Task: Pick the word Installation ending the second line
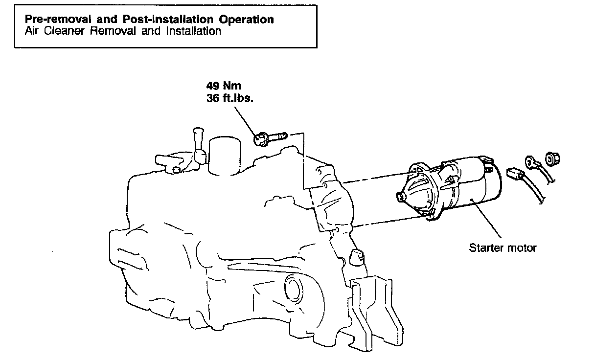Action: pyautogui.click(x=194, y=31)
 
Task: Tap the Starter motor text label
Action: pyautogui.click(x=503, y=247)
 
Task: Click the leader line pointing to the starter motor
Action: pyautogui.click(x=484, y=220)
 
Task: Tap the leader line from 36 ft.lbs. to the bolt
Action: pyautogui.click(x=245, y=120)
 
